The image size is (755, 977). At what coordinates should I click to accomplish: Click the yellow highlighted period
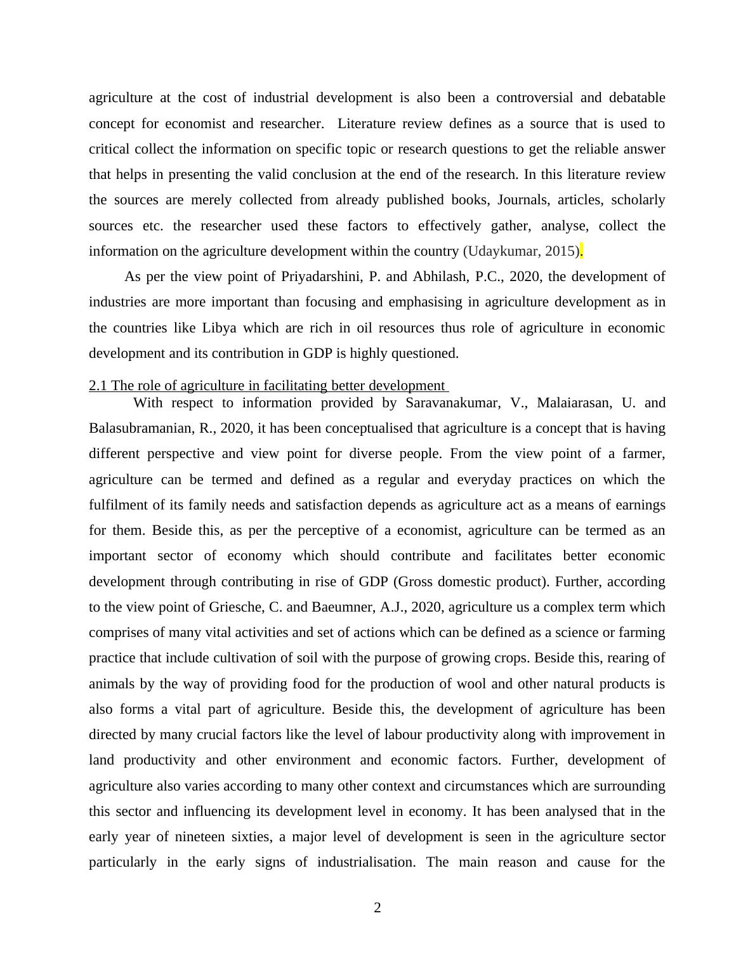[x=581, y=251]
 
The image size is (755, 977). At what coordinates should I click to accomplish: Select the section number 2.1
[x=98, y=386]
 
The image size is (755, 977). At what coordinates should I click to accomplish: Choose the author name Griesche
[x=235, y=607]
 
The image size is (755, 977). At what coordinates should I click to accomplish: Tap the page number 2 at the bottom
[x=377, y=908]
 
